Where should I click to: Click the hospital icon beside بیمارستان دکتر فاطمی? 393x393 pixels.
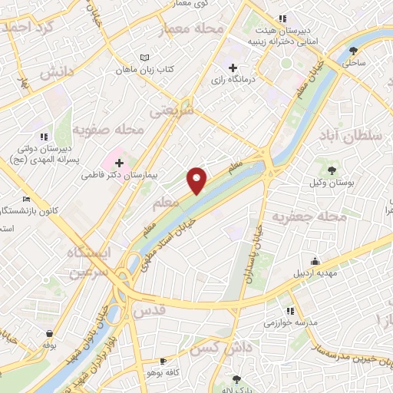(x=119, y=163)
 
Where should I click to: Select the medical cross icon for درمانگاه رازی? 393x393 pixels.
(x=233, y=68)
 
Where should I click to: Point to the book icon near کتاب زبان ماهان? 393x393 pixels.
(x=146, y=58)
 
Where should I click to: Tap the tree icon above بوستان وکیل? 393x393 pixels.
(x=332, y=170)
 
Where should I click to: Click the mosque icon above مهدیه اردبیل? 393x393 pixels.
(x=314, y=263)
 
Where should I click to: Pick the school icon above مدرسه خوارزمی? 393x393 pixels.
(x=290, y=311)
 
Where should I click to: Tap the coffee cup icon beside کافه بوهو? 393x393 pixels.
(x=162, y=361)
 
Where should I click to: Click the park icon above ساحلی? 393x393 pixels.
(x=353, y=51)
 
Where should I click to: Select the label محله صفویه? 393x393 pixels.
(x=114, y=130)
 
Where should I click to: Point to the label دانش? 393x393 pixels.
(x=56, y=72)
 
